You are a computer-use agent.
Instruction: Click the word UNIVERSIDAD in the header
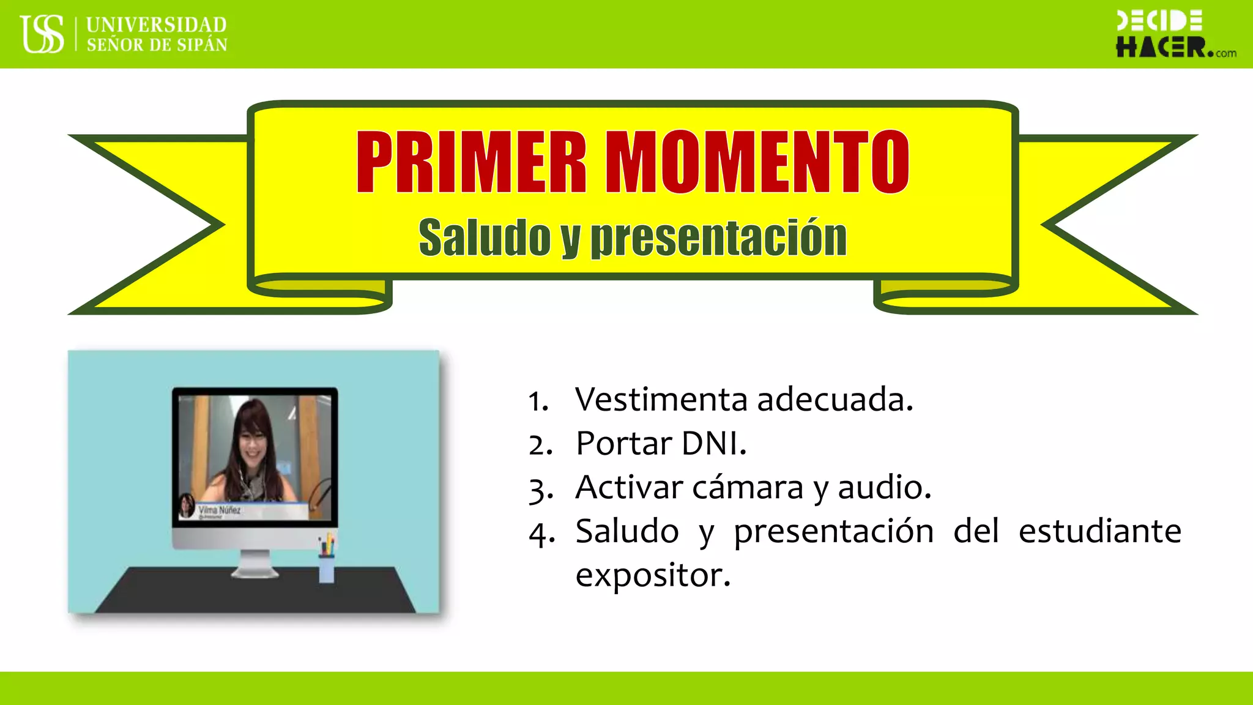coord(156,24)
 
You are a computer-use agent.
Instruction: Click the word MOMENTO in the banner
coord(757,162)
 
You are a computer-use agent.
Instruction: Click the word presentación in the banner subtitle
coord(718,237)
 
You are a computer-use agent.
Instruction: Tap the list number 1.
coord(537,402)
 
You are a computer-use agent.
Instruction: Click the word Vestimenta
coord(661,400)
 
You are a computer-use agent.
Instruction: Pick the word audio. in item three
coord(884,488)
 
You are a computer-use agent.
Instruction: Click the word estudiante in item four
coord(1099,531)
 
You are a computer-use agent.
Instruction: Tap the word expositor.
coord(653,575)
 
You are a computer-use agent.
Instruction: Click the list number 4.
coord(541,533)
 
